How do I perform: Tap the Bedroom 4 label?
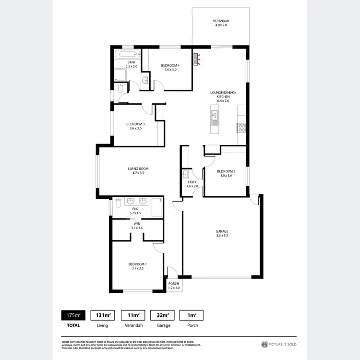(170, 67)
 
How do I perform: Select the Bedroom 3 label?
(135, 126)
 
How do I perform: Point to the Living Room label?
(138, 170)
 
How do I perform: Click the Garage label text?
(221, 234)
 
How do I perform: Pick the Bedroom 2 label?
(226, 173)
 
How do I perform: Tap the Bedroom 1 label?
(137, 266)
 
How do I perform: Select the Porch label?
(173, 285)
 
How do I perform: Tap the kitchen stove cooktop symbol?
(241, 128)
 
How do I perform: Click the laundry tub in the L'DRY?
(185, 174)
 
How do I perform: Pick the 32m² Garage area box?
(160, 315)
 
